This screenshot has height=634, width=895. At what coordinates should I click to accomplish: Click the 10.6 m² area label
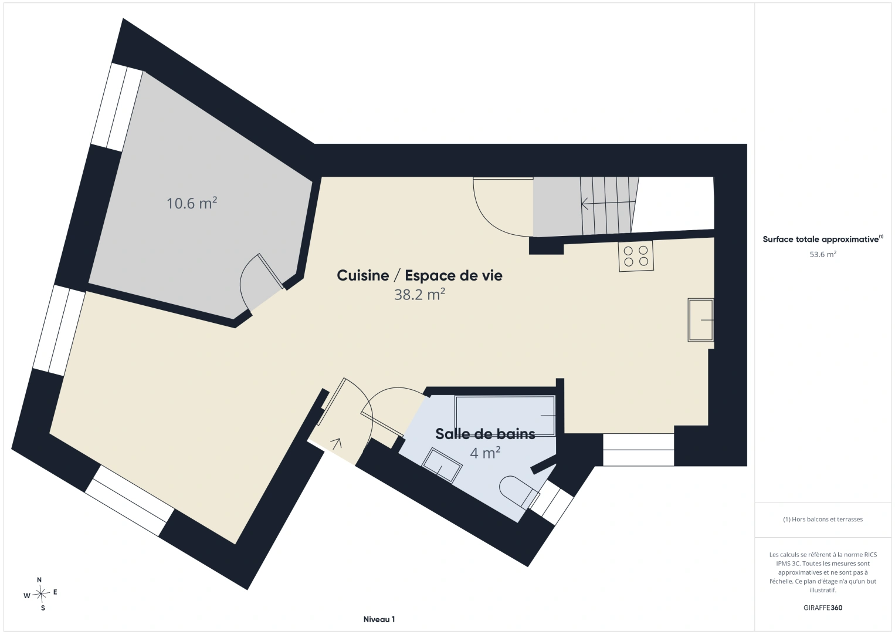point(192,203)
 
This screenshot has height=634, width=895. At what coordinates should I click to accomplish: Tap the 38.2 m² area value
point(419,295)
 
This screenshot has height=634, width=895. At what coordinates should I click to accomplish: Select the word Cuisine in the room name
point(363,275)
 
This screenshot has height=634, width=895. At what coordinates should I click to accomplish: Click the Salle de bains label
point(485,434)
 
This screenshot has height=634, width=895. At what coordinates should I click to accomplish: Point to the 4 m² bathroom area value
point(485,453)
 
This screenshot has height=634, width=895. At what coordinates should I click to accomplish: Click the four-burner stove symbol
point(636,257)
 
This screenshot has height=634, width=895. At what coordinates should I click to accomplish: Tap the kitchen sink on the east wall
point(700,320)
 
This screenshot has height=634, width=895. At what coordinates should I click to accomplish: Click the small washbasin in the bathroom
point(442,466)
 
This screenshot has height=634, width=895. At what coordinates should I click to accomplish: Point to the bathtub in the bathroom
point(505,416)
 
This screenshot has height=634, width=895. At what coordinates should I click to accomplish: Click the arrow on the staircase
point(608,204)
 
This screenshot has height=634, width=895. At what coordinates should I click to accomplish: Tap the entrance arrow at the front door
point(337,444)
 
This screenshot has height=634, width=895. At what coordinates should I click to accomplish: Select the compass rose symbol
point(40,593)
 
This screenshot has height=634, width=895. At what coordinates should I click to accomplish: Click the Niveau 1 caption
point(379,619)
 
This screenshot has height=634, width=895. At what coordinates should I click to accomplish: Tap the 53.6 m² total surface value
point(823,254)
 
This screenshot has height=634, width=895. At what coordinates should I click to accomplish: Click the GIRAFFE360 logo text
point(823,608)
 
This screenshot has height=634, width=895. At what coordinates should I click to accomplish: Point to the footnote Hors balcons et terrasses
point(823,519)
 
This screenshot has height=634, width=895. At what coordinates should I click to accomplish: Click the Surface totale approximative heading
point(823,239)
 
